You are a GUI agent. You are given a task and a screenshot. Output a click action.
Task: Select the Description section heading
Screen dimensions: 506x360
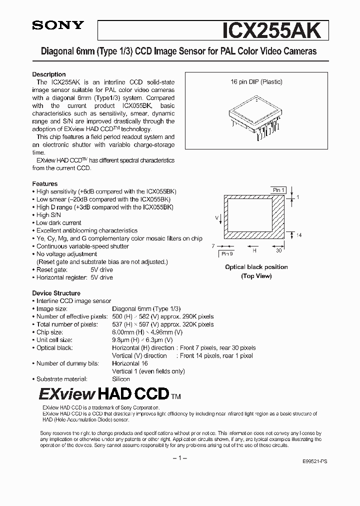tap(49, 74)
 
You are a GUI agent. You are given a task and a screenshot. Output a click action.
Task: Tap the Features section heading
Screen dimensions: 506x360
tap(45, 183)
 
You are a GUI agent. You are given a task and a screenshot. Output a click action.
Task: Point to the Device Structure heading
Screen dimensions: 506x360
tap(56, 293)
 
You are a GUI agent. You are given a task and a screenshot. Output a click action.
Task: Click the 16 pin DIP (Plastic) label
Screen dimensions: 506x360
tap(256, 81)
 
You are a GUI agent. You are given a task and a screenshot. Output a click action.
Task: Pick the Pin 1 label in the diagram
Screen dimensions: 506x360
tap(278, 190)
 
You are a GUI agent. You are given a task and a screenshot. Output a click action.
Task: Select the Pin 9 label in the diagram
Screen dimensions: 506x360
tap(227, 254)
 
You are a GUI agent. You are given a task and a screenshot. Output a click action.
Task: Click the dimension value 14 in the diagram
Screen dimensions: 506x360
tap(299, 235)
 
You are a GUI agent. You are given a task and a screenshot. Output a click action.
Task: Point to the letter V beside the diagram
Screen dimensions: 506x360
tap(216, 217)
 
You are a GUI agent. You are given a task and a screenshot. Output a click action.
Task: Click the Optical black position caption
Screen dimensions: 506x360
tap(256, 267)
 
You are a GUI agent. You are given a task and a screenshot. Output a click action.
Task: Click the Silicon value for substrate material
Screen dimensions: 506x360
tap(121, 379)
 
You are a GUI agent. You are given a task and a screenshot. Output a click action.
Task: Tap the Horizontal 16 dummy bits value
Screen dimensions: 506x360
tap(129, 363)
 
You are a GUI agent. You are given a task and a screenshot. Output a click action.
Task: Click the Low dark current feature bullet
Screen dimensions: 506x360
tap(58, 222)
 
